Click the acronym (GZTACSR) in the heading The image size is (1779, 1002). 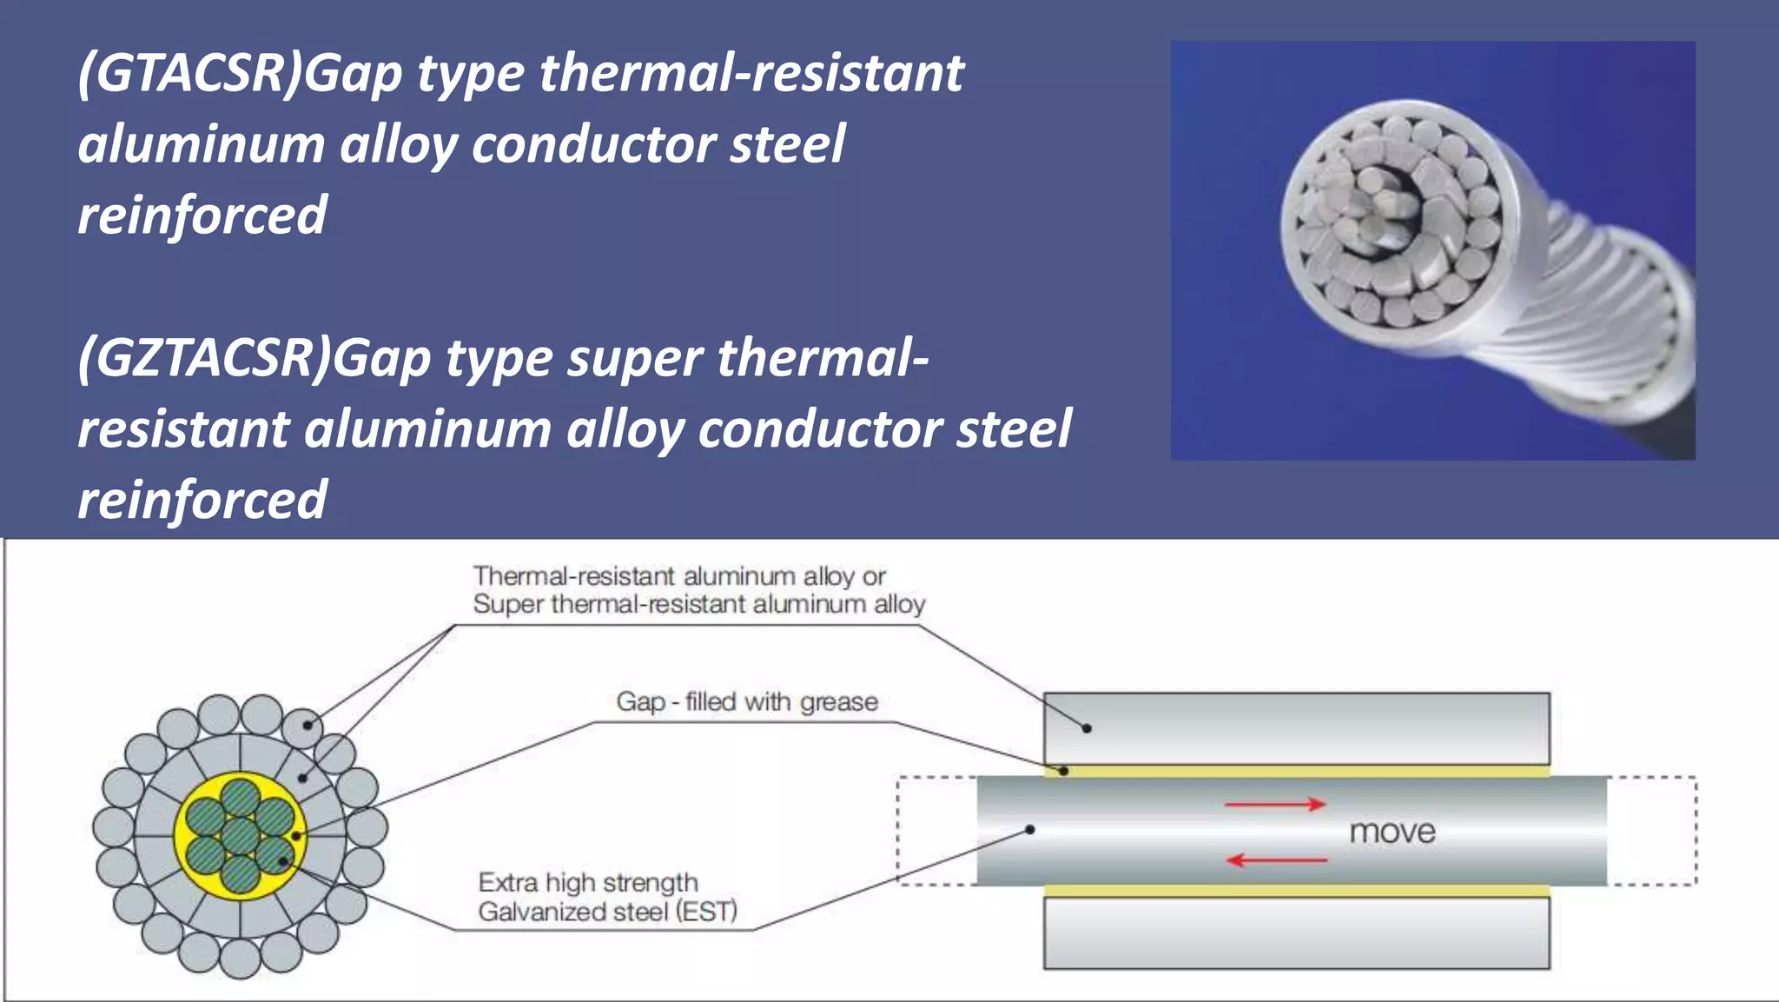[204, 358]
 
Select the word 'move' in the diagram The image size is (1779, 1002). [1392, 832]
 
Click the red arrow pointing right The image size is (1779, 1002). [1274, 805]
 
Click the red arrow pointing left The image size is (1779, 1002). [1276, 860]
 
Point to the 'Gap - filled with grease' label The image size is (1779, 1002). [747, 701]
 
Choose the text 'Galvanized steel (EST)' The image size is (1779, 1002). [607, 912]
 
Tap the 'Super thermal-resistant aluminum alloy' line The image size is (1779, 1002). [698, 604]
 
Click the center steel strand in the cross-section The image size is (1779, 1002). [241, 836]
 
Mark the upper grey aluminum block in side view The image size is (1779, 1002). [1296, 728]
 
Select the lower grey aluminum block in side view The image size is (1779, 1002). [1296, 932]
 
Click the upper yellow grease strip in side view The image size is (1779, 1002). [1296, 771]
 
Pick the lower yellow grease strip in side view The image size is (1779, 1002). [1296, 891]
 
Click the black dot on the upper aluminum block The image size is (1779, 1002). [1087, 728]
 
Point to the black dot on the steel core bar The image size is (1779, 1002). [1030, 830]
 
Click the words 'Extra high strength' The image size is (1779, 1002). [588, 883]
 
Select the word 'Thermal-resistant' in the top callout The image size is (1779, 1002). [574, 576]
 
